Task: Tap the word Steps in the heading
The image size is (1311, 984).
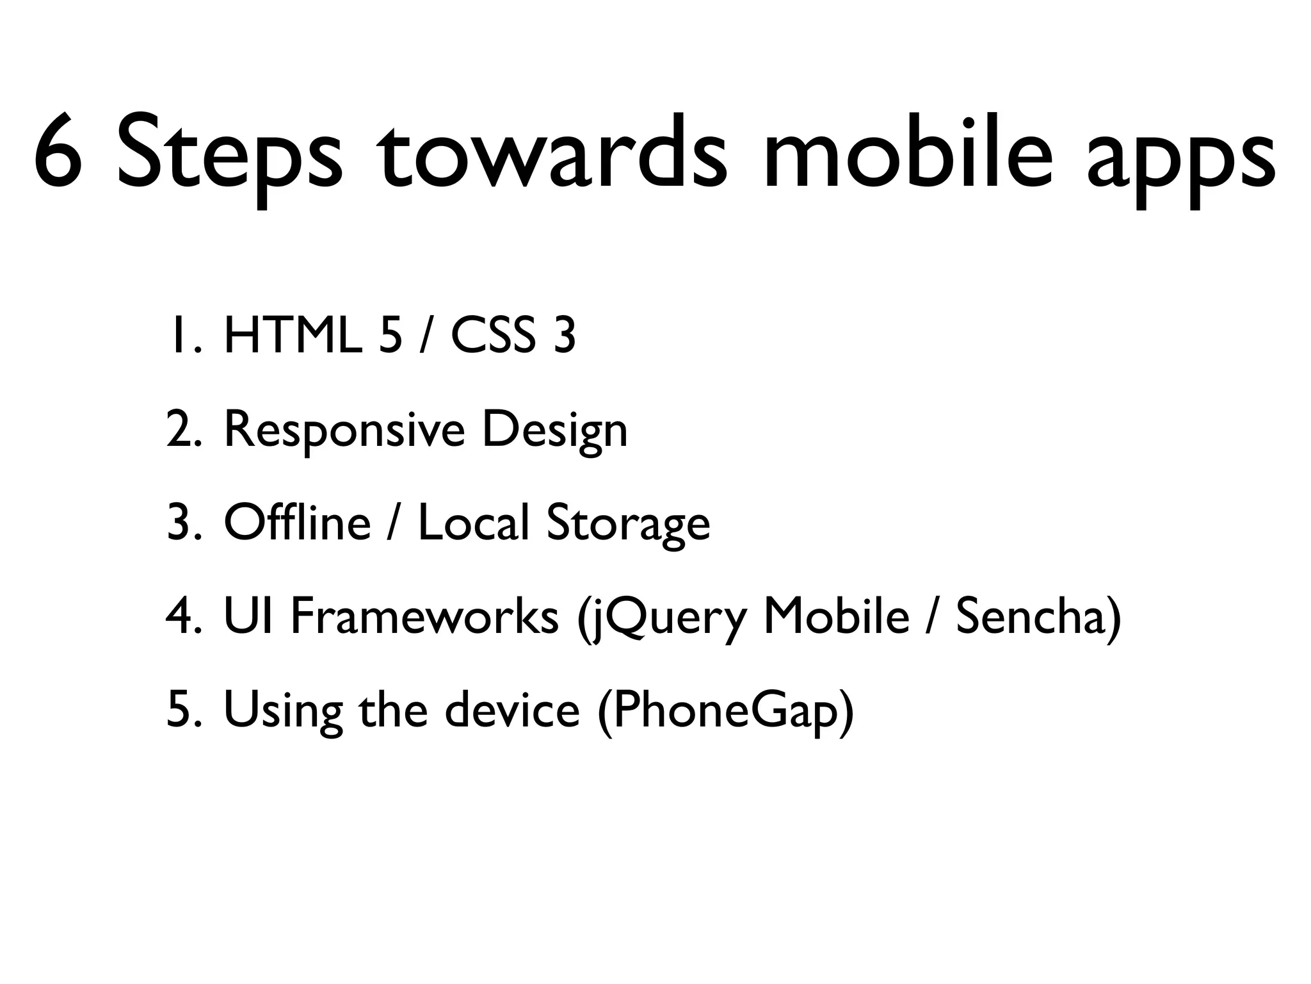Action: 229,154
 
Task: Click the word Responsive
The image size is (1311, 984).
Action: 344,430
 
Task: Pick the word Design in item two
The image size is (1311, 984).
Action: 554,430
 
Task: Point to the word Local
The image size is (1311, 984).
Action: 474,523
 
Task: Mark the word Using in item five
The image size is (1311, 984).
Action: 282,711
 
